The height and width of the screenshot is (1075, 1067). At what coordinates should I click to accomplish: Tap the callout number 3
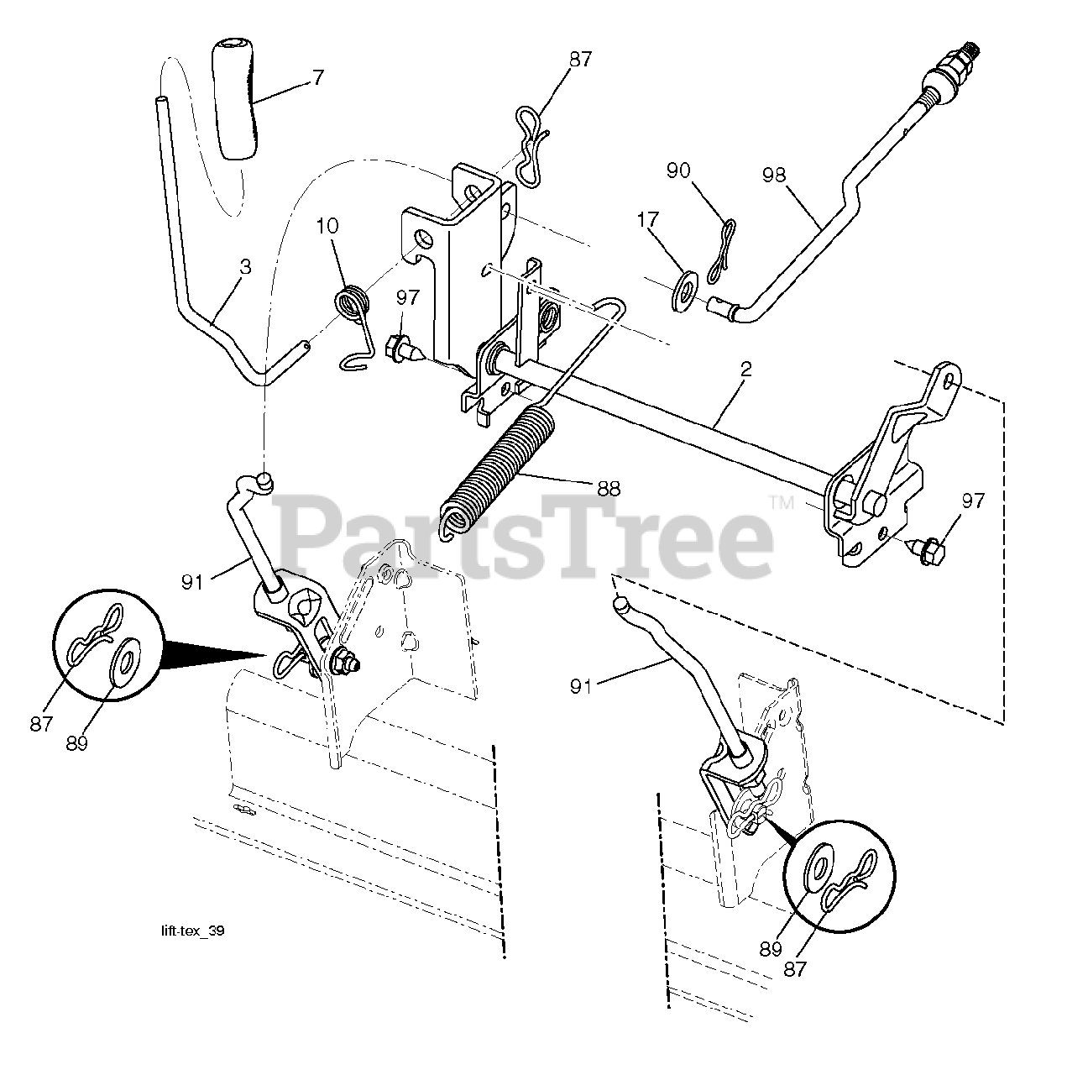[245, 268]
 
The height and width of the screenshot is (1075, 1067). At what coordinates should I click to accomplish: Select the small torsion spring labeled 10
[353, 304]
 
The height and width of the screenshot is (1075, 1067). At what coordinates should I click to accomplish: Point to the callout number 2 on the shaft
[746, 370]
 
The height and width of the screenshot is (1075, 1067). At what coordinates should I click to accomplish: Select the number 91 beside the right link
[581, 686]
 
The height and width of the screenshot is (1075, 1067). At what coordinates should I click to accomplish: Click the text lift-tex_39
[192, 931]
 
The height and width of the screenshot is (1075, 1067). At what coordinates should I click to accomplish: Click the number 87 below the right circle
[795, 968]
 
